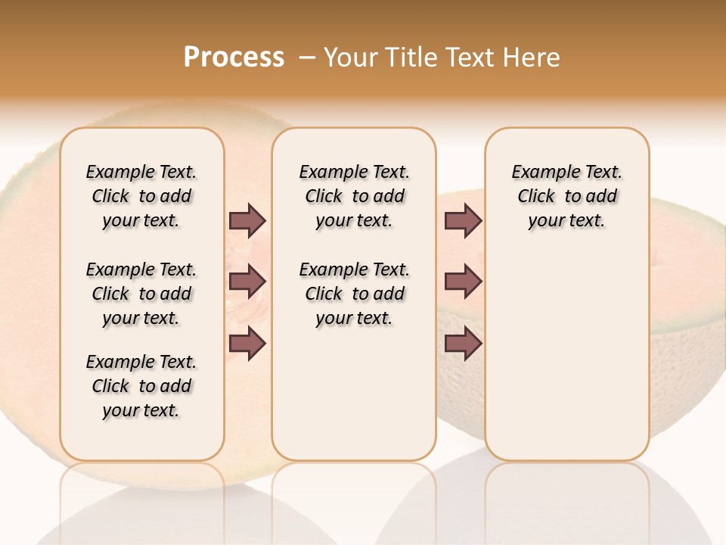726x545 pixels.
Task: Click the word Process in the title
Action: (x=234, y=57)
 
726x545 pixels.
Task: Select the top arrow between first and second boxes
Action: (x=247, y=221)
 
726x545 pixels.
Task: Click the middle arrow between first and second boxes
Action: (x=247, y=282)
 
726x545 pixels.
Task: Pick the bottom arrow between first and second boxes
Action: (x=247, y=343)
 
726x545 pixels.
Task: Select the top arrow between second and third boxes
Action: (x=463, y=221)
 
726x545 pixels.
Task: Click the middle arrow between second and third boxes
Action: (x=463, y=282)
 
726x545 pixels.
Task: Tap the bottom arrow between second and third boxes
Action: (x=463, y=343)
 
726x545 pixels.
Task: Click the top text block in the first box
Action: (x=141, y=196)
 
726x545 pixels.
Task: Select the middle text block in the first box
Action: (x=141, y=294)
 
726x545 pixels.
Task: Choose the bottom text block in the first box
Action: (x=141, y=386)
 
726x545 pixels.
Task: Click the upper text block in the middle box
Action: (x=354, y=196)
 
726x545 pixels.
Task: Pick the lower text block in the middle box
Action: (x=354, y=294)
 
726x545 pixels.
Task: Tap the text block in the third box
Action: (x=566, y=196)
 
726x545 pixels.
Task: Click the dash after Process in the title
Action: (x=307, y=58)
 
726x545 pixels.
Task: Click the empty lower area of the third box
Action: (x=566, y=363)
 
